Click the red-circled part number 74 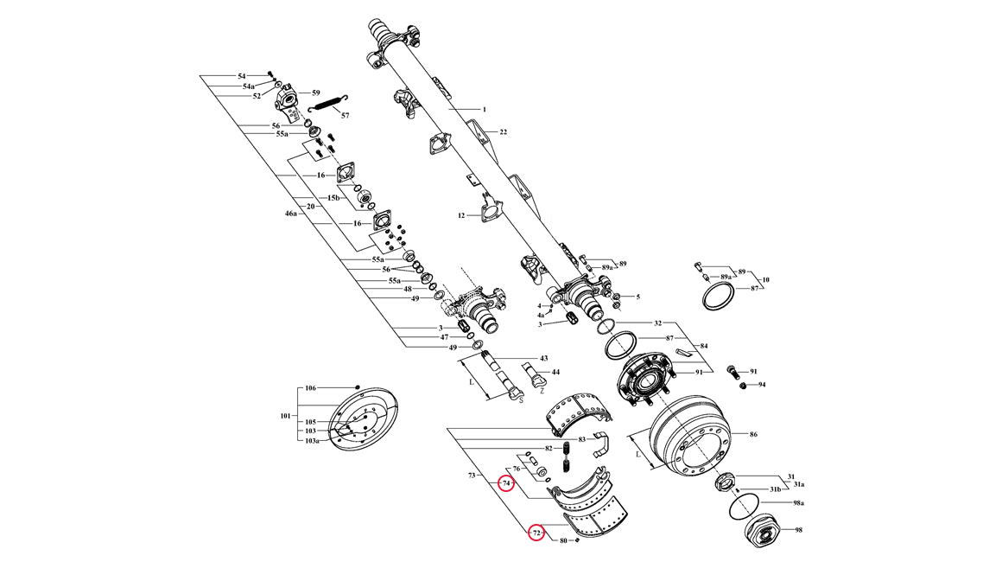tap(506, 482)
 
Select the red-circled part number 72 tap(536, 533)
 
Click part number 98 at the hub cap tap(798, 530)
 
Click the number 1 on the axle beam tap(485, 110)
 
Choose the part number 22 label tap(503, 131)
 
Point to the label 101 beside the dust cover tap(286, 416)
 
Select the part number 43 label tap(544, 358)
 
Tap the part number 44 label tap(555, 372)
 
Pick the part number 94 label tap(762, 385)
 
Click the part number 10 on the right tap(765, 280)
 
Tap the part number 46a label tap(291, 212)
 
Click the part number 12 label tap(462, 215)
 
